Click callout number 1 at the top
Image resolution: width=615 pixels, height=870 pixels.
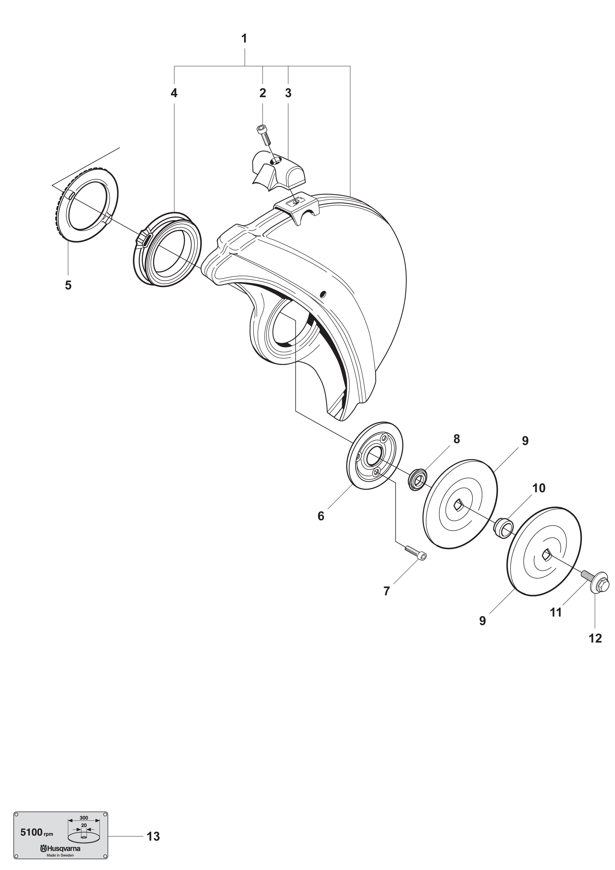coord(244,39)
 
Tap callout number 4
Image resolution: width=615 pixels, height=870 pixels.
coord(174,93)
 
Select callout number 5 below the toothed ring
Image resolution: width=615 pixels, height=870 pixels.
coord(68,285)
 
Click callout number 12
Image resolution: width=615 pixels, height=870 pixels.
coord(595,639)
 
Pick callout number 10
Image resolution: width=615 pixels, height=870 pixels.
coord(539,488)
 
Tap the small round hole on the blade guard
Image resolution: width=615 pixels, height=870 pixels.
coord(323,294)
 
